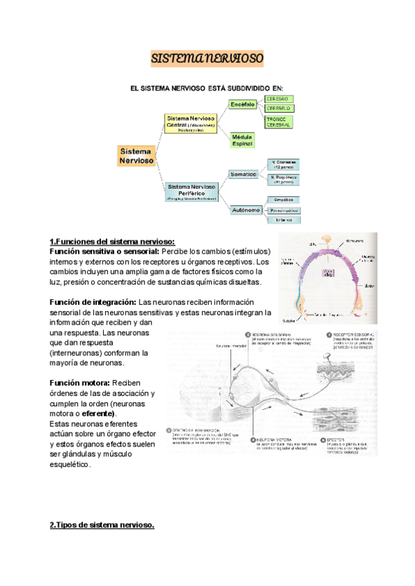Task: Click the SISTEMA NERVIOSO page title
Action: click(x=207, y=59)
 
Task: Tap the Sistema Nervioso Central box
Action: click(x=191, y=122)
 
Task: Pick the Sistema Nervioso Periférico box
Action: click(x=191, y=191)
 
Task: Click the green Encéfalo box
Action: click(x=243, y=104)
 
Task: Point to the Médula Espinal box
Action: click(x=242, y=140)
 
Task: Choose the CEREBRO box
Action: click(x=278, y=99)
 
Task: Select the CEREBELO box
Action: click(x=278, y=108)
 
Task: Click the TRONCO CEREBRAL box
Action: click(x=278, y=122)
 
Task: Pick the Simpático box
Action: click(x=284, y=199)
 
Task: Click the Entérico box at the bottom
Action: click(x=284, y=220)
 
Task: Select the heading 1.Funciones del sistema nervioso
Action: click(x=113, y=241)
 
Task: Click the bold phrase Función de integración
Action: click(x=93, y=302)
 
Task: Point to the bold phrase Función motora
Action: click(x=80, y=383)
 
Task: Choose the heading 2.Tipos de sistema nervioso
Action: click(x=102, y=525)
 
